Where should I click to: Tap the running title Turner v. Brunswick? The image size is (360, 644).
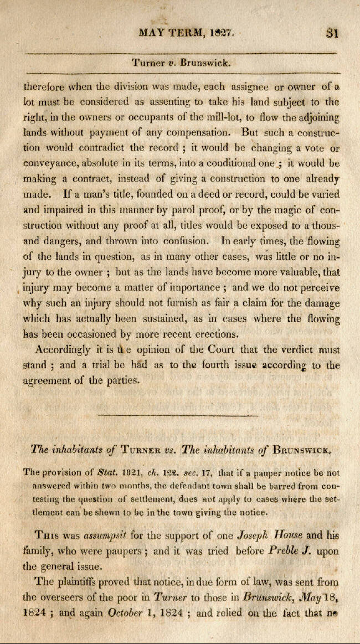[x=181, y=63]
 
